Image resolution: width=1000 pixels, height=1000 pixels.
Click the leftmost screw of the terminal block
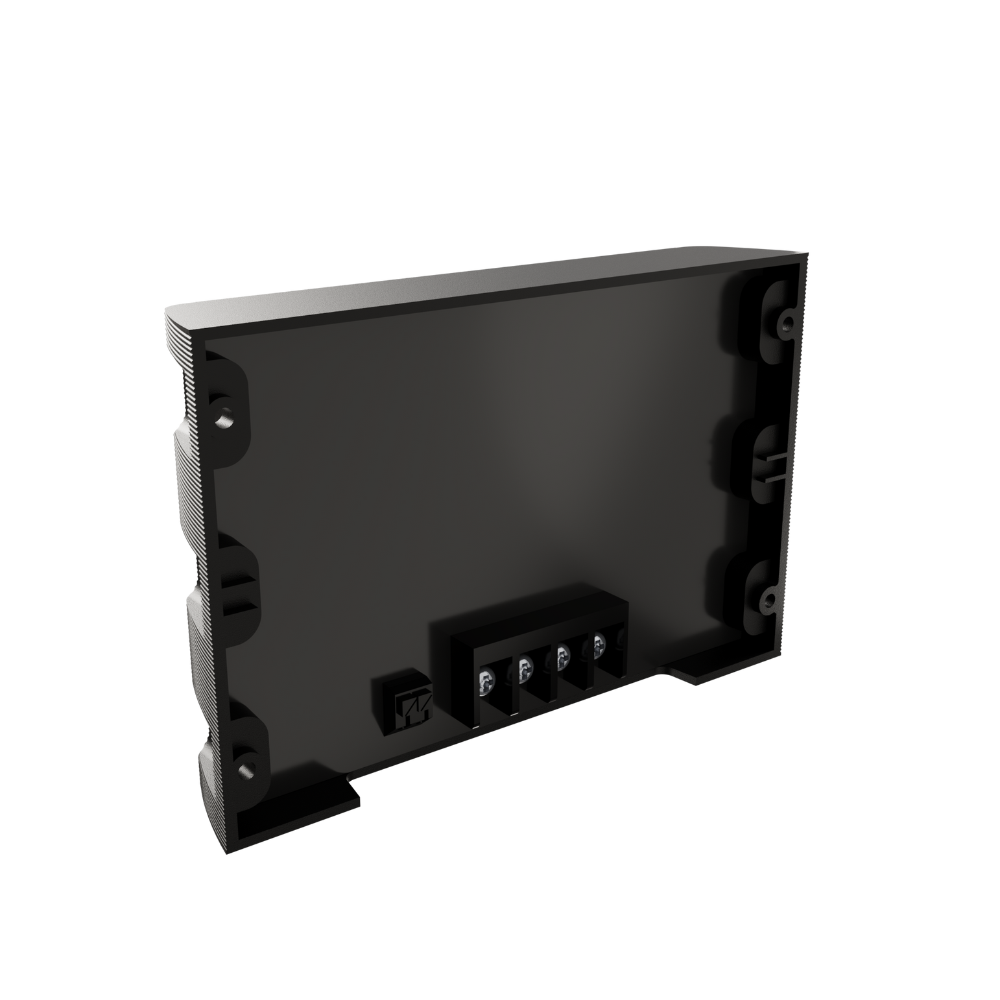[x=484, y=682]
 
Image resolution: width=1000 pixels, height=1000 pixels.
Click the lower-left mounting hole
[x=244, y=770]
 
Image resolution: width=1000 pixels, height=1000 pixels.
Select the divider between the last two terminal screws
[x=581, y=661]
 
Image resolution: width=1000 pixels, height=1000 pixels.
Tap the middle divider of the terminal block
[x=543, y=674]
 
